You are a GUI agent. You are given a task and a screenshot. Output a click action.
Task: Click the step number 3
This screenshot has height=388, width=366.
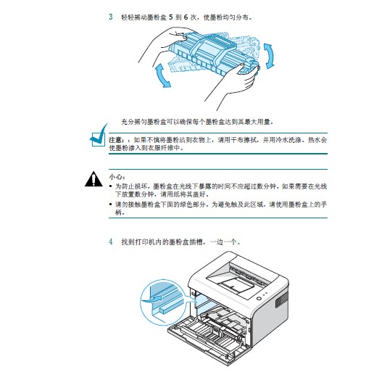pyautogui.click(x=111, y=17)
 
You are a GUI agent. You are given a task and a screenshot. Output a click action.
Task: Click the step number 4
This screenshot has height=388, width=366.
pyautogui.click(x=111, y=242)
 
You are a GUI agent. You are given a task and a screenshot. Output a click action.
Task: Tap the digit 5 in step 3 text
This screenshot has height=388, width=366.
pyautogui.click(x=170, y=17)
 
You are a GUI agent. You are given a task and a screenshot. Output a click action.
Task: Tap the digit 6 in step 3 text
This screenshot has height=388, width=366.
pyautogui.click(x=186, y=17)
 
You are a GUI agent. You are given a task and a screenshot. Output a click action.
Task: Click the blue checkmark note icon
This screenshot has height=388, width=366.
pyautogui.click(x=99, y=137)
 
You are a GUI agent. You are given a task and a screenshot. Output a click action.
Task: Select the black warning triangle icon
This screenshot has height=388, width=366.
pyautogui.click(x=93, y=178)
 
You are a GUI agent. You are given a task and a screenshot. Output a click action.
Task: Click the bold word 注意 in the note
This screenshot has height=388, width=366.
pyautogui.click(x=115, y=140)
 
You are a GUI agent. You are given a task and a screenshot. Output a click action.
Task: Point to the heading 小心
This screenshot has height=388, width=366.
pyautogui.click(x=115, y=177)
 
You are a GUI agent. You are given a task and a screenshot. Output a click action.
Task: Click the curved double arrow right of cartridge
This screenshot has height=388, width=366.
pyautogui.click(x=269, y=56)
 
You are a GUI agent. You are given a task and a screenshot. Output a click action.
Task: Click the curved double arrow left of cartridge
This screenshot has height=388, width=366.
pyautogui.click(x=162, y=75)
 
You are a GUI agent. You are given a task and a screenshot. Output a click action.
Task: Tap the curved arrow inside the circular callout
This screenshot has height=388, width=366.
pyautogui.click(x=153, y=299)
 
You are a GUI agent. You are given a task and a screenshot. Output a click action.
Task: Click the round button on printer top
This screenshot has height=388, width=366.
pyautogui.click(x=259, y=298)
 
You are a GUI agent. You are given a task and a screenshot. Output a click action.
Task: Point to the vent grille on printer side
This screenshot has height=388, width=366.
pyautogui.click(x=281, y=300)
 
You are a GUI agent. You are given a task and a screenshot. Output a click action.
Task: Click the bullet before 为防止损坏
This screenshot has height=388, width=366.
pyautogui.click(x=111, y=186)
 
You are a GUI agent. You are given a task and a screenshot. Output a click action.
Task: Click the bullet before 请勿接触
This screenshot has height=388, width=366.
pyautogui.click(x=111, y=205)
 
